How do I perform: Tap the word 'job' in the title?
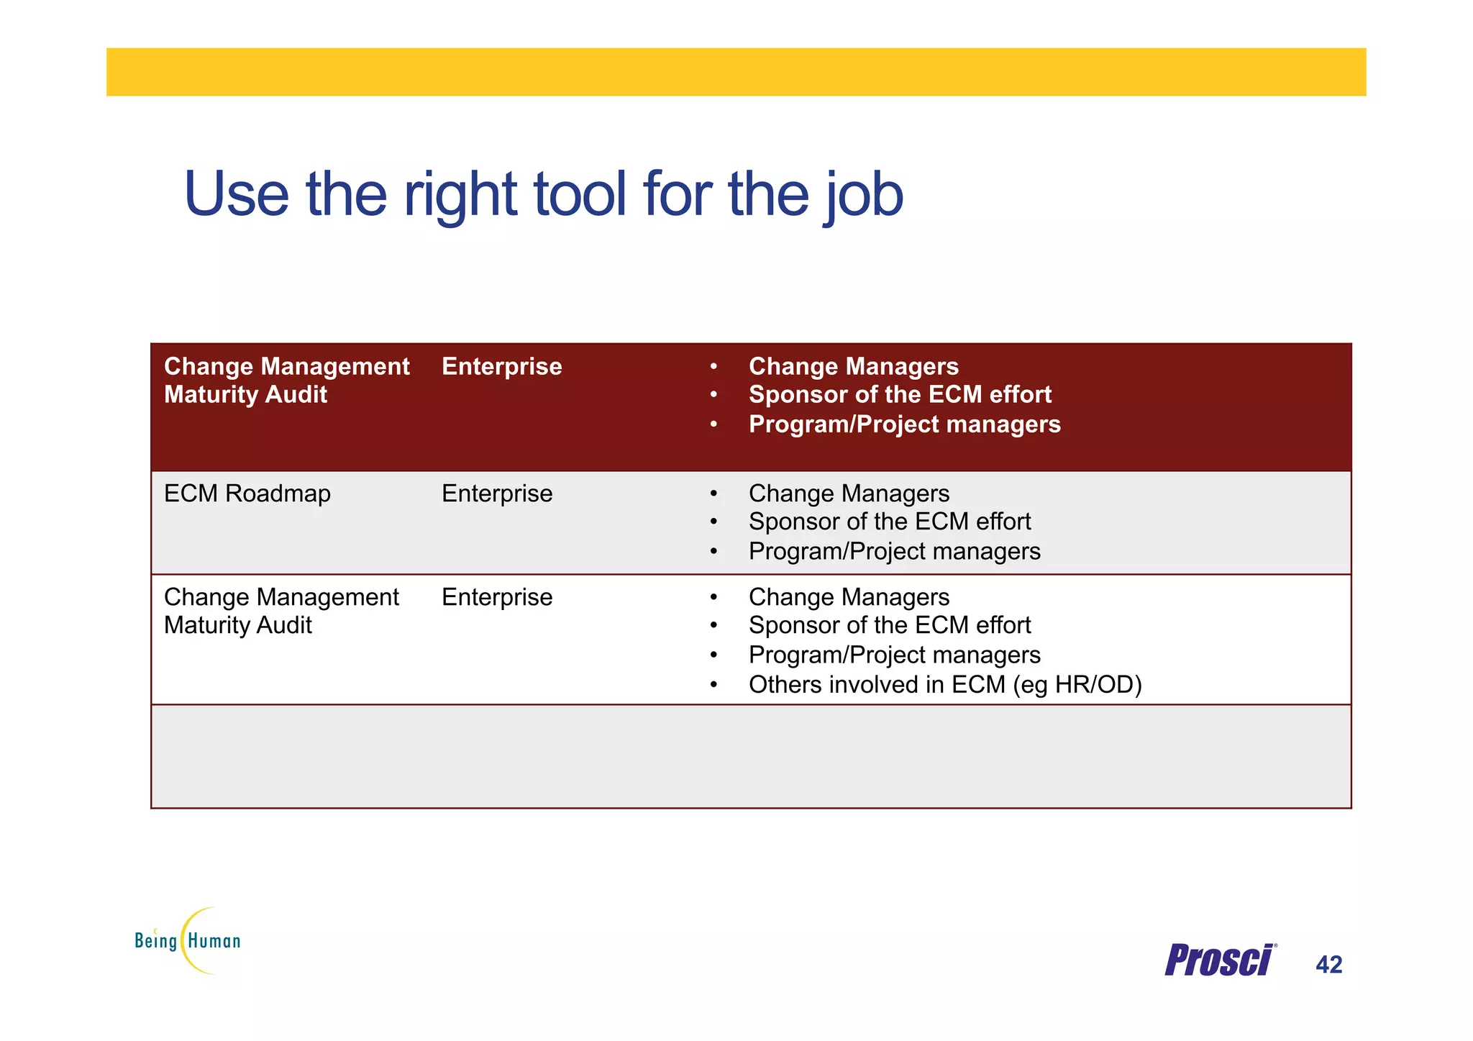(863, 196)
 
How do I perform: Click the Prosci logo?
(1220, 960)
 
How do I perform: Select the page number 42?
(1328, 965)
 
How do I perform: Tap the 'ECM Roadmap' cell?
(247, 494)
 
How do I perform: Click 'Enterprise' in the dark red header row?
(501, 367)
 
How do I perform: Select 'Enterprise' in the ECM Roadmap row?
(497, 494)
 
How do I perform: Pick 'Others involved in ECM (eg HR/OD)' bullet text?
(944, 685)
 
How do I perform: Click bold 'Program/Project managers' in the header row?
(904, 424)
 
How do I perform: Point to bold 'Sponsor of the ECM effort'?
(900, 395)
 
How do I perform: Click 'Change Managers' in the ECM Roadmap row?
(849, 494)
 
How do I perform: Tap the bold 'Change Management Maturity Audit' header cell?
(286, 381)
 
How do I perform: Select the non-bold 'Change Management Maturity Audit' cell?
(281, 612)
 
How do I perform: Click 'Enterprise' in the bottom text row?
(497, 598)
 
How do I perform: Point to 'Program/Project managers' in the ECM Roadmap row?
(894, 552)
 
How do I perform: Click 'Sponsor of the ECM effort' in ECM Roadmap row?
(890, 522)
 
